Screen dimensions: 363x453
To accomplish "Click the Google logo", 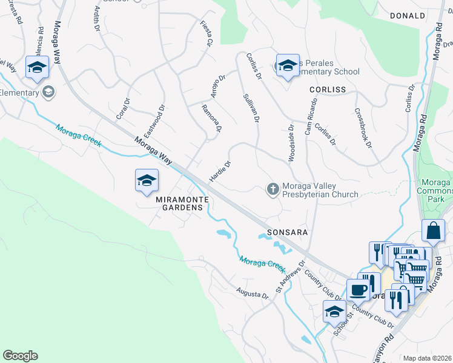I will tap(20, 356).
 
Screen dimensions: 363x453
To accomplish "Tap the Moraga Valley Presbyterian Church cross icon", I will tap(273, 189).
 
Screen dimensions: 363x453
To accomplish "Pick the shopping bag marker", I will tap(433, 231).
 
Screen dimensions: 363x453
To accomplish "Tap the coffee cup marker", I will tap(358, 290).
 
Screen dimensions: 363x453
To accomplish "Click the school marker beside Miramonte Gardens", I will tap(146, 180).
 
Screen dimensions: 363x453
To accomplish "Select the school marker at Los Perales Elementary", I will tap(286, 65).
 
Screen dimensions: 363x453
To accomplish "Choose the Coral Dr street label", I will tap(123, 109).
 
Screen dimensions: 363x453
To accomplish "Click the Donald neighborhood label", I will tap(408, 16).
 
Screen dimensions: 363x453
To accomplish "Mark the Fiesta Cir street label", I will tap(207, 34).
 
